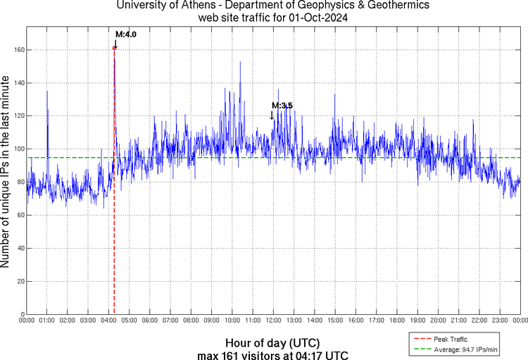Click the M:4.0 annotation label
(125, 34)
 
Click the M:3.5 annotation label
(282, 106)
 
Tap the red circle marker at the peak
(114, 48)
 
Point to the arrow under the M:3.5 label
(272, 115)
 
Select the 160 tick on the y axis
(18, 50)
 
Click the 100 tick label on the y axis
(18, 149)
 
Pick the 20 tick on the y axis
(20, 281)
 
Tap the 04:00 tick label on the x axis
(108, 321)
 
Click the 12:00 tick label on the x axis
(273, 321)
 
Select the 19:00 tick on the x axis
(417, 321)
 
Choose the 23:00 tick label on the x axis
(500, 321)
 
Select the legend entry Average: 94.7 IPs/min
(464, 348)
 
